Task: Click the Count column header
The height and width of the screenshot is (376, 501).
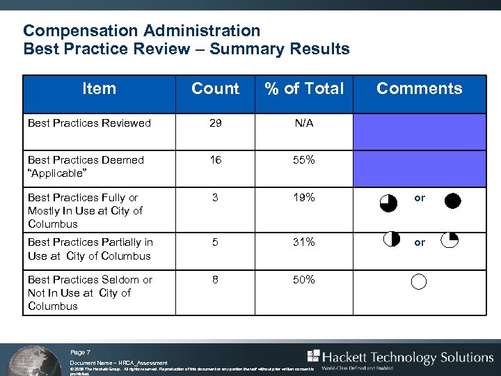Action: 215,88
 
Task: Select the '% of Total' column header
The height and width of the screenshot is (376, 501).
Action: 303,88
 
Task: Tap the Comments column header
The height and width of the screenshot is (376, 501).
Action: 419,88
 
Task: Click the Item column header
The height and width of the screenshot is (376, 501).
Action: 99,88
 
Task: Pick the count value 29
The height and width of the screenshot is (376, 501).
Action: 216,123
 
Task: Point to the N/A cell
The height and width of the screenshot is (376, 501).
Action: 304,123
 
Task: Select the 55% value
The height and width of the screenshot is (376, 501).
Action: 304,160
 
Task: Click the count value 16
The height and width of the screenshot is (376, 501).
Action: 216,160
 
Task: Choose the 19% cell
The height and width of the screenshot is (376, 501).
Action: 304,198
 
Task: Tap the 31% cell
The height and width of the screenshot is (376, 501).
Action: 304,242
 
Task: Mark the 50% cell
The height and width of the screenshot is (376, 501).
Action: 304,280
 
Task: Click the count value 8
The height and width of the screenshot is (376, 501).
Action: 216,280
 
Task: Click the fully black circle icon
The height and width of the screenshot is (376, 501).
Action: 452,202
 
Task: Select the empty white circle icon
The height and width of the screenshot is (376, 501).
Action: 418,282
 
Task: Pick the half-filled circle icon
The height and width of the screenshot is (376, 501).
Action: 390,239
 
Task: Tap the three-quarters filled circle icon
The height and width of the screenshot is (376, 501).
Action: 388,203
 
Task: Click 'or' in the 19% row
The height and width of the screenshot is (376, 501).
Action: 420,198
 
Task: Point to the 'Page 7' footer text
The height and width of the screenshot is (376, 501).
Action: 80,353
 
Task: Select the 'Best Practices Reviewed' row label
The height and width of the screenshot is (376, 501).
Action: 89,123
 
